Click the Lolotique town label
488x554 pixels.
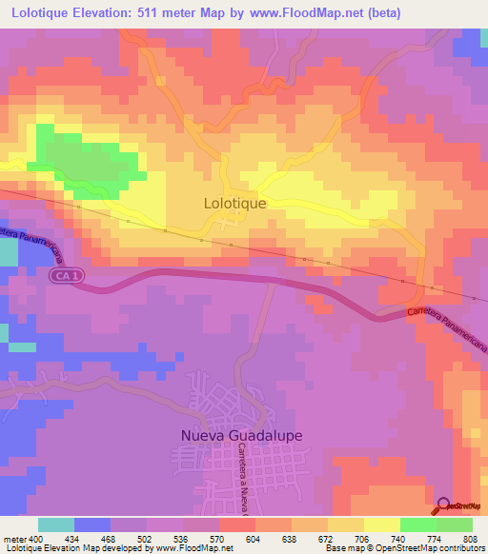pyautogui.click(x=234, y=203)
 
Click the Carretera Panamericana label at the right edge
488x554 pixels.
pyautogui.click(x=446, y=329)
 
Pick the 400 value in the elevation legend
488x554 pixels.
pyautogui.click(x=32, y=539)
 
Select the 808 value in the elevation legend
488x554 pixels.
pyautogui.click(x=472, y=539)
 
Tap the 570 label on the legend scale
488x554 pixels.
pyautogui.click(x=218, y=539)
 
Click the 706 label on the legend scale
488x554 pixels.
pyautogui.click(x=363, y=539)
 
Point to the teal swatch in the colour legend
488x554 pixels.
pyautogui.click(x=56, y=524)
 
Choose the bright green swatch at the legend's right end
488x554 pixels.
pyautogui.click(x=454, y=524)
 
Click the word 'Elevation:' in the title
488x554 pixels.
pyautogui.click(x=106, y=13)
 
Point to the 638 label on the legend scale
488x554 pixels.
pyautogui.click(x=291, y=539)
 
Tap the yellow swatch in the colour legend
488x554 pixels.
pyautogui.click(x=381, y=524)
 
